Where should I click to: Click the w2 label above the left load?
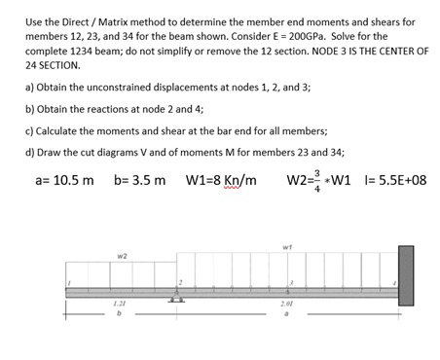(x=122, y=257)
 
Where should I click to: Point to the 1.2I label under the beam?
(x=119, y=305)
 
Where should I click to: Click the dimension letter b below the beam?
(x=119, y=314)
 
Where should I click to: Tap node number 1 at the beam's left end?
(x=68, y=283)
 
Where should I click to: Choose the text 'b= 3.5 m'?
(x=140, y=181)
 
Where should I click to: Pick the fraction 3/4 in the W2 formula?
(x=318, y=181)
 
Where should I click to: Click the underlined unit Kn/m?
(x=238, y=181)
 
